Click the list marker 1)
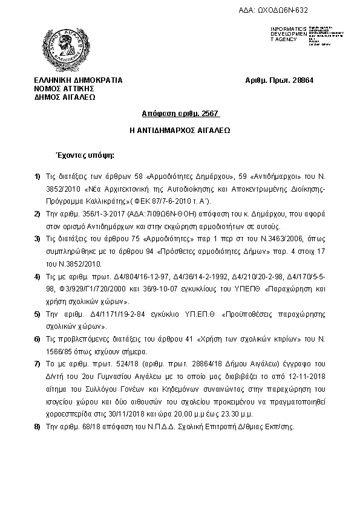pyautogui.click(x=38, y=176)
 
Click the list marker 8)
pyautogui.click(x=38, y=426)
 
